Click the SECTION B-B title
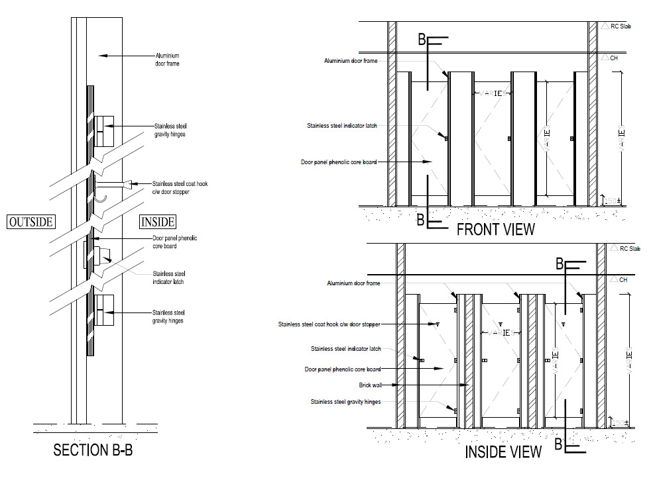tap(97, 451)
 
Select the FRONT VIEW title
tap(495, 229)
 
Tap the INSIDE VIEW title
tap(503, 452)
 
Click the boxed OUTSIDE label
tap(30, 222)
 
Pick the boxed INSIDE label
tap(158, 222)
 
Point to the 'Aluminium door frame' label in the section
tap(167, 60)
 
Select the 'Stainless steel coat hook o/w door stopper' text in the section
tap(180, 187)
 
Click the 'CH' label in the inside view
tap(623, 280)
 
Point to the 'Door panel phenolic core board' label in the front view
tap(339, 162)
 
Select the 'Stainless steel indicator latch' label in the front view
tap(342, 125)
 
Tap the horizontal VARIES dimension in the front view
tap(492, 93)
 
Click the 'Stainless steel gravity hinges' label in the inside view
tap(345, 402)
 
